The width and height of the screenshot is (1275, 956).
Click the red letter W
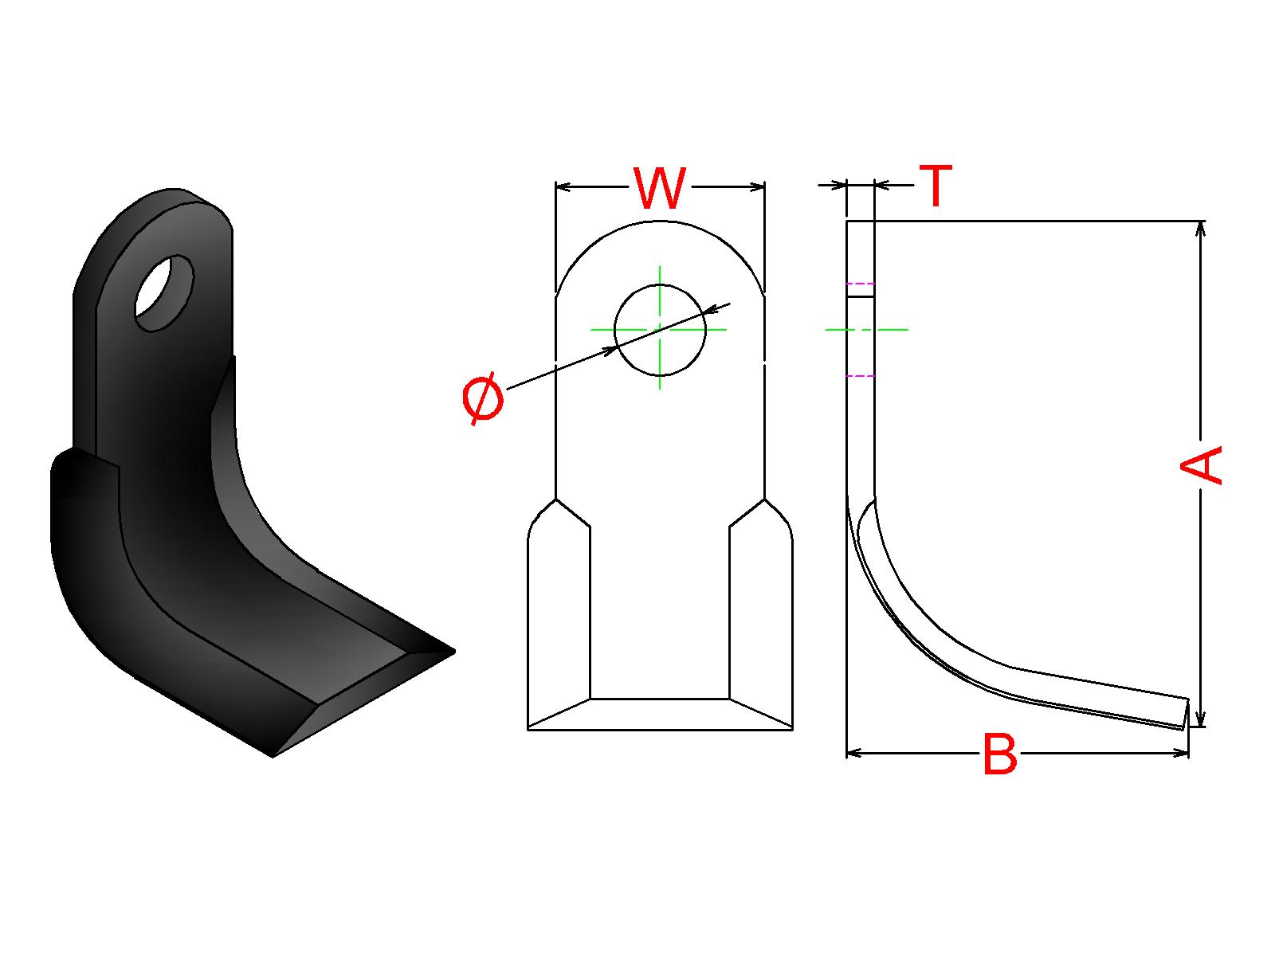click(660, 188)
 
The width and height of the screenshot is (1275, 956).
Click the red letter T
click(936, 186)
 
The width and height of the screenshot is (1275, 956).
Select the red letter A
click(1201, 465)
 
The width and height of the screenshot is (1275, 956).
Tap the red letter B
click(999, 754)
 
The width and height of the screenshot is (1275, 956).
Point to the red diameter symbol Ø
click(483, 398)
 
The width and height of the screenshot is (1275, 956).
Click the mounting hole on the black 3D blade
click(164, 292)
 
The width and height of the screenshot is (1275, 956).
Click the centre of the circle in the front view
click(660, 329)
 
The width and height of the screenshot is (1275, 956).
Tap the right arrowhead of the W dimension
click(756, 187)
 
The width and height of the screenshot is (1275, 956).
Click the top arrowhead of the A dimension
click(1201, 229)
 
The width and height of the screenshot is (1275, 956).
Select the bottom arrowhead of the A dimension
click(1201, 718)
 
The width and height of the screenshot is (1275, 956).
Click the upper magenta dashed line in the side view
click(861, 284)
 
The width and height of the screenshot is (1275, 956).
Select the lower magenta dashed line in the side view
click(861, 375)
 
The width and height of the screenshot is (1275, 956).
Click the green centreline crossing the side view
click(866, 329)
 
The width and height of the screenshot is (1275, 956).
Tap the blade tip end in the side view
click(1185, 714)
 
